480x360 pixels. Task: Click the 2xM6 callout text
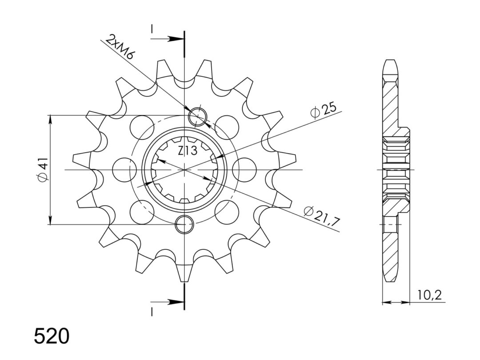tap(120, 47)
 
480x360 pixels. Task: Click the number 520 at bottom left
tap(52, 336)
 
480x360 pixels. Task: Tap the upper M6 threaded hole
tap(198, 117)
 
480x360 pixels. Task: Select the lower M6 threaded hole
tap(184, 224)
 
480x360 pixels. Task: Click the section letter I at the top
tap(152, 29)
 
